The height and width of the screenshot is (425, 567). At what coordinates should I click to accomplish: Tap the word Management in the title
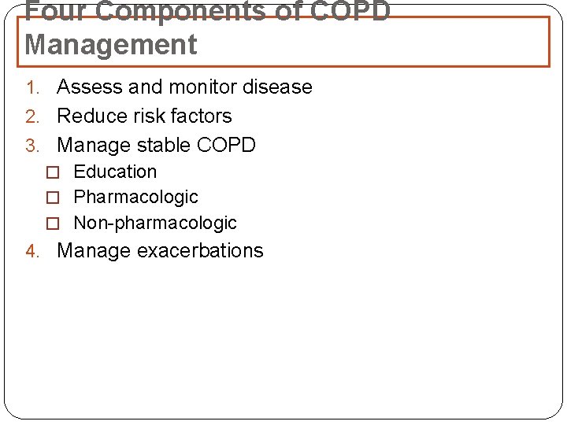pyautogui.click(x=111, y=45)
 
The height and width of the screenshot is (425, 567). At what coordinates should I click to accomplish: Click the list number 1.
pyautogui.click(x=31, y=87)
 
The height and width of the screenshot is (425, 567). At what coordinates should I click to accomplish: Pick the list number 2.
pyautogui.click(x=31, y=116)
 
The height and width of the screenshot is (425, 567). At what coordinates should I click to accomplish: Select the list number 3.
pyautogui.click(x=31, y=146)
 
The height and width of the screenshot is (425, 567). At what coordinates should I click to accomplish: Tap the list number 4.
pyautogui.click(x=31, y=251)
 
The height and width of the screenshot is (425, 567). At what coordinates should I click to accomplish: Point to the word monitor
pyautogui.click(x=200, y=87)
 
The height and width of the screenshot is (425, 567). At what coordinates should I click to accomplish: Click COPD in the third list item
pyautogui.click(x=227, y=145)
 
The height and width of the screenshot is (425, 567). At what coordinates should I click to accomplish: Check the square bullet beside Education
pyautogui.click(x=53, y=172)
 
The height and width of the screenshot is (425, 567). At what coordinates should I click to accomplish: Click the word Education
pyautogui.click(x=115, y=171)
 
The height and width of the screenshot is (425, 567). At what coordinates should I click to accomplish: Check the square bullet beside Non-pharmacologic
pyautogui.click(x=53, y=224)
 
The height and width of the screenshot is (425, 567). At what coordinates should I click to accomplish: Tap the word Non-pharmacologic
pyautogui.click(x=155, y=223)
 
